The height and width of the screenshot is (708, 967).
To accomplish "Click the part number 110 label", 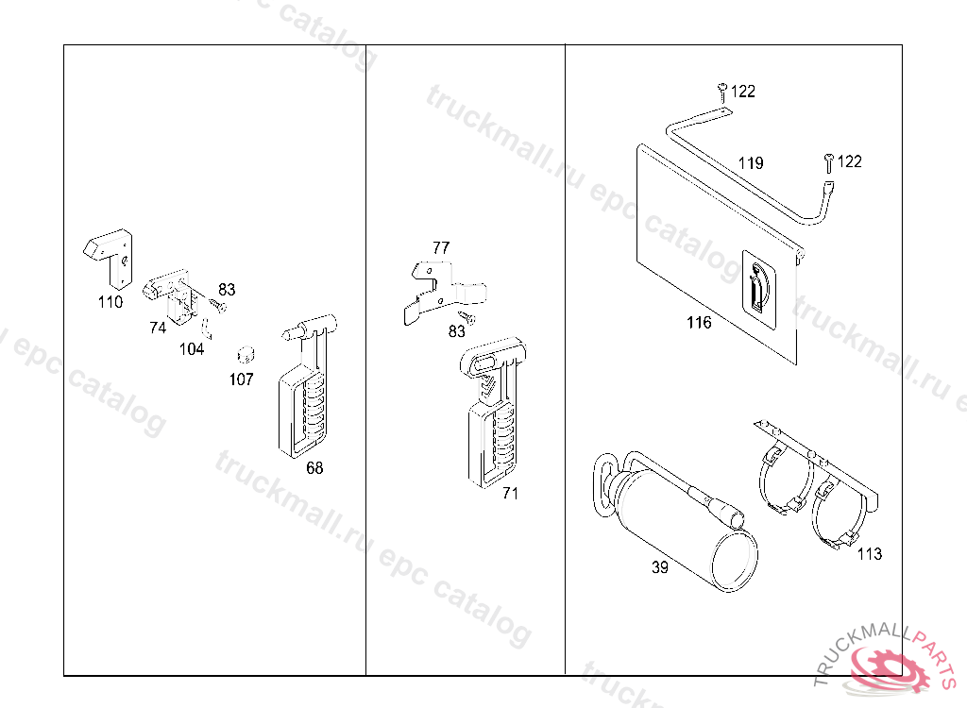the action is [x=110, y=302].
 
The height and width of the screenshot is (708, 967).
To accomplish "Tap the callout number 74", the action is [x=158, y=328].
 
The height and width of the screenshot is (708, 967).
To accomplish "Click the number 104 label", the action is [x=191, y=349].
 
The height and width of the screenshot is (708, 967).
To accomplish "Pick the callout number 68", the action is [x=314, y=468].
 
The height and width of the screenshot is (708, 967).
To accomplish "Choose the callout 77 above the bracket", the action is [x=441, y=248].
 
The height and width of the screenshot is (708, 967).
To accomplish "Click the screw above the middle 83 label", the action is [x=470, y=317].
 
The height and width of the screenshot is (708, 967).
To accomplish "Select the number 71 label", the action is [x=510, y=494].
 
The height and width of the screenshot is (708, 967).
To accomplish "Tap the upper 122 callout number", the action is [x=743, y=92].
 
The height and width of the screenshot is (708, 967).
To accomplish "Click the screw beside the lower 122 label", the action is [x=829, y=162].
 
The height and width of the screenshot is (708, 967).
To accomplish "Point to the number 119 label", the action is [x=751, y=163].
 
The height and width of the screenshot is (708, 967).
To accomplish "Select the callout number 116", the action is [x=699, y=323].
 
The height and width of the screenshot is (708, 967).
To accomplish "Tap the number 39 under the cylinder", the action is [x=660, y=567].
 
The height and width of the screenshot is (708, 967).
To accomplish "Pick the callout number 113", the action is [x=870, y=554].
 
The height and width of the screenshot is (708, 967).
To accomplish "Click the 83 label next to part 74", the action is [x=227, y=290].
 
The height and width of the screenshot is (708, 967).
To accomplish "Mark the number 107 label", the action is [x=241, y=379].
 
